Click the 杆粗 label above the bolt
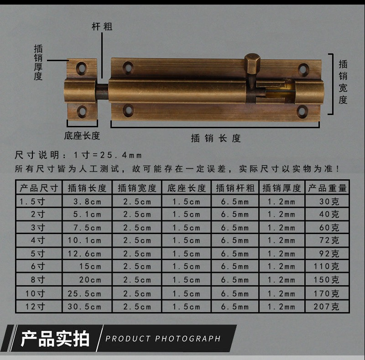click(x=102, y=26)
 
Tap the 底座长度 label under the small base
click(x=82, y=136)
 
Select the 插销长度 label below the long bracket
click(x=216, y=138)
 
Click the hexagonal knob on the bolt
click(x=252, y=64)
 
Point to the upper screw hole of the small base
click(x=82, y=68)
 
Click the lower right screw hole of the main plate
click(x=302, y=111)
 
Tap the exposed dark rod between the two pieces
click(x=102, y=92)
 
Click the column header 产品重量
click(x=327, y=188)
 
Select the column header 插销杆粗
click(x=235, y=188)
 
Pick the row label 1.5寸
click(x=32, y=201)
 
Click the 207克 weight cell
click(x=326, y=307)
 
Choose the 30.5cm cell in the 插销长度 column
click(x=84, y=307)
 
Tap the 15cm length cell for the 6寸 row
click(x=90, y=266)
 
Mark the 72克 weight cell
click(x=329, y=240)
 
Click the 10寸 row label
click(x=35, y=294)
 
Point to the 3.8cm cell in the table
click(x=87, y=201)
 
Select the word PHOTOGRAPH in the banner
click(x=188, y=339)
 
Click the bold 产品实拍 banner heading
click(x=55, y=339)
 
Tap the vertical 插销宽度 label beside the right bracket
click(x=343, y=82)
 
